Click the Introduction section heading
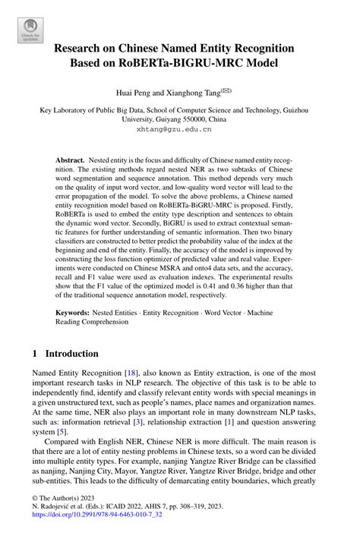72,354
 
